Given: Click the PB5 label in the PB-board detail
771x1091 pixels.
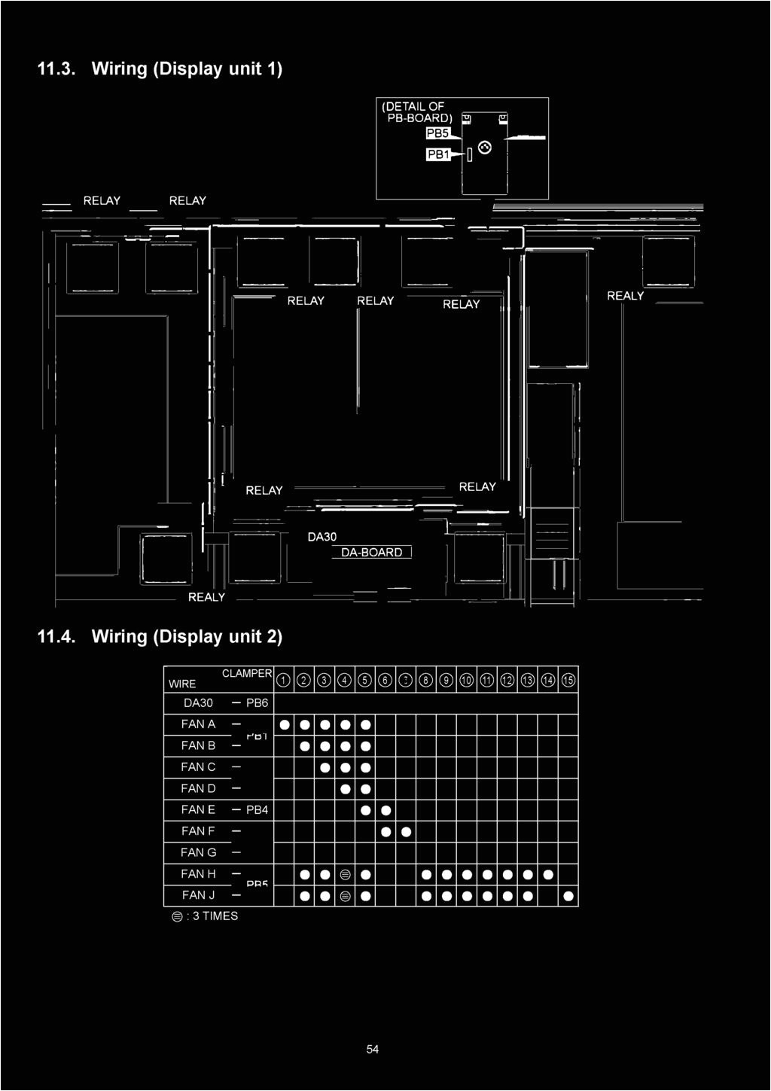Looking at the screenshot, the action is (x=437, y=133).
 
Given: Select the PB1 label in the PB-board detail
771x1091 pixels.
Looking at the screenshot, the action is (x=437, y=154).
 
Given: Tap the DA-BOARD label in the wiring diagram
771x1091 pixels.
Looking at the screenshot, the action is (x=372, y=553).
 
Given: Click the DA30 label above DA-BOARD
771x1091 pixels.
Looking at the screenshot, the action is (x=322, y=537).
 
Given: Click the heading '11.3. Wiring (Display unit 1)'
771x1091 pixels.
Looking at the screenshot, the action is (x=160, y=69).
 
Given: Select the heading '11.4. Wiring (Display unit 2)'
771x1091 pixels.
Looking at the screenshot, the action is (x=160, y=636).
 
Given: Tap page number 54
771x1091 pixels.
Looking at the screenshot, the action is (x=373, y=1049).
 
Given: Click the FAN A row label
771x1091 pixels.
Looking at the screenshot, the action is (x=198, y=724).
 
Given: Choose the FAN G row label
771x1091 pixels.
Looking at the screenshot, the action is (x=198, y=852).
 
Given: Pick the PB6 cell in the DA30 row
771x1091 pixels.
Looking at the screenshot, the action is (x=257, y=703).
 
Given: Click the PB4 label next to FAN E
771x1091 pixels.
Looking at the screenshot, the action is (x=257, y=809).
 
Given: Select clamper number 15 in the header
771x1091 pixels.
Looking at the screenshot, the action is (x=568, y=681).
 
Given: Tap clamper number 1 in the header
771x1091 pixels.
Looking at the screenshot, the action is (x=283, y=681).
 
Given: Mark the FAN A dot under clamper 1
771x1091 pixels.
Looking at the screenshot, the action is (x=284, y=725).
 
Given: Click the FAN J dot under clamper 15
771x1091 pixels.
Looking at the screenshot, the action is (x=568, y=896).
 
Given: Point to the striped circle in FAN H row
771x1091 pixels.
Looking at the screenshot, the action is (x=345, y=874).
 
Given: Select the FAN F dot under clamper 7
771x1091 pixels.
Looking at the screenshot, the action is (x=406, y=832).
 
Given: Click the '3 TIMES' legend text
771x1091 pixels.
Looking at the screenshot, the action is (x=215, y=916).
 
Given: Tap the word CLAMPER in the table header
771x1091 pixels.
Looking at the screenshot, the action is (x=246, y=673).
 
